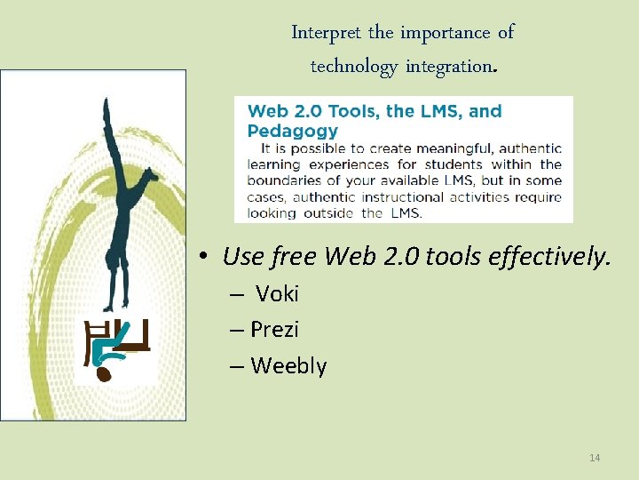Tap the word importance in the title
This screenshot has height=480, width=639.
tap(443, 33)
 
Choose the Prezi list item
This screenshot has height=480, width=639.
tap(274, 330)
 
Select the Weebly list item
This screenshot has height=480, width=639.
tap(288, 366)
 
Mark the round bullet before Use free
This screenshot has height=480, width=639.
tap(204, 258)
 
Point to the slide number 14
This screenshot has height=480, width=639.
tap(595, 458)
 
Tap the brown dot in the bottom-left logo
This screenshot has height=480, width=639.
tap(104, 374)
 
